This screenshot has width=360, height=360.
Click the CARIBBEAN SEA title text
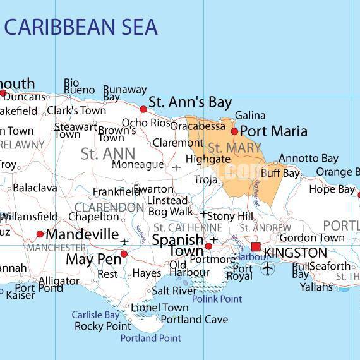click(81, 27)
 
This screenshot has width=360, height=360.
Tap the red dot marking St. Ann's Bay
click(143, 109)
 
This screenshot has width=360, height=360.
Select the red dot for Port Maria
click(234, 131)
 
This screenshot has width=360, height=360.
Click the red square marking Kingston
click(256, 247)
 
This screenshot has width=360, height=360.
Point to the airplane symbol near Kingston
click(269, 268)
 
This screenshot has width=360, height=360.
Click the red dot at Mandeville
click(40, 234)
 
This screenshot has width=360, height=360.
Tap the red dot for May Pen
click(124, 254)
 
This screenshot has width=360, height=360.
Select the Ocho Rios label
click(146, 123)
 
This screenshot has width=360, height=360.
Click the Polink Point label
click(217, 299)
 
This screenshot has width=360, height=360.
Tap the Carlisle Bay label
click(95, 315)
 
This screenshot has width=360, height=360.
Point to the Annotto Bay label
click(308, 158)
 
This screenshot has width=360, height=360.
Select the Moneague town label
click(138, 165)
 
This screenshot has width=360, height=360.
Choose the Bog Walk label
click(171, 212)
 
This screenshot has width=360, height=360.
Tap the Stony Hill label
click(230, 216)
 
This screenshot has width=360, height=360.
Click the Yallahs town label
click(316, 286)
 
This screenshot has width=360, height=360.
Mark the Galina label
click(250, 116)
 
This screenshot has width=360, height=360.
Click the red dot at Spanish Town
click(208, 246)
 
